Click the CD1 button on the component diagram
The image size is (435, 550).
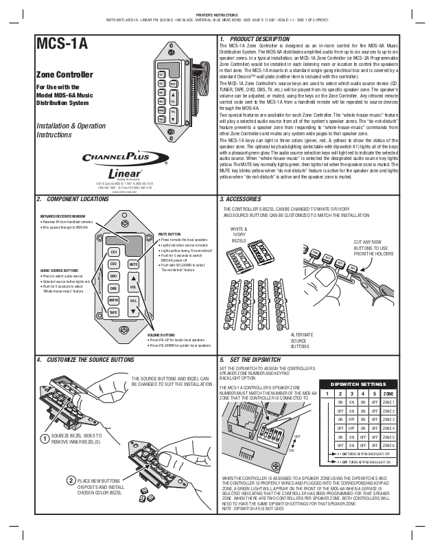click(114, 252)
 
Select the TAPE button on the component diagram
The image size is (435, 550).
click(114, 311)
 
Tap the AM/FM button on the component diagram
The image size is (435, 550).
click(114, 299)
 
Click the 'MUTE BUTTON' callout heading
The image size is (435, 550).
click(169, 234)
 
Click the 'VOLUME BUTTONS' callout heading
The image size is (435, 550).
click(161, 334)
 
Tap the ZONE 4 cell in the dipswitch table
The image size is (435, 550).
click(388, 428)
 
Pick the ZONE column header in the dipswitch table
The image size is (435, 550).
click(388, 393)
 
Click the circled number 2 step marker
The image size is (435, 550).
click(71, 480)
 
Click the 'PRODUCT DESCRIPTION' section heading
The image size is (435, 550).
click(259, 40)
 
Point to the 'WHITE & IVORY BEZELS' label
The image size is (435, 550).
click(238, 233)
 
